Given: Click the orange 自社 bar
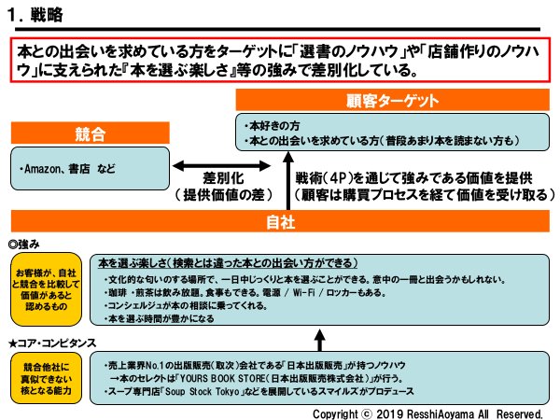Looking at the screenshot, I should pos(280,222).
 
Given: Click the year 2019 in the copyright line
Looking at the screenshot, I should pos(390,412).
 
